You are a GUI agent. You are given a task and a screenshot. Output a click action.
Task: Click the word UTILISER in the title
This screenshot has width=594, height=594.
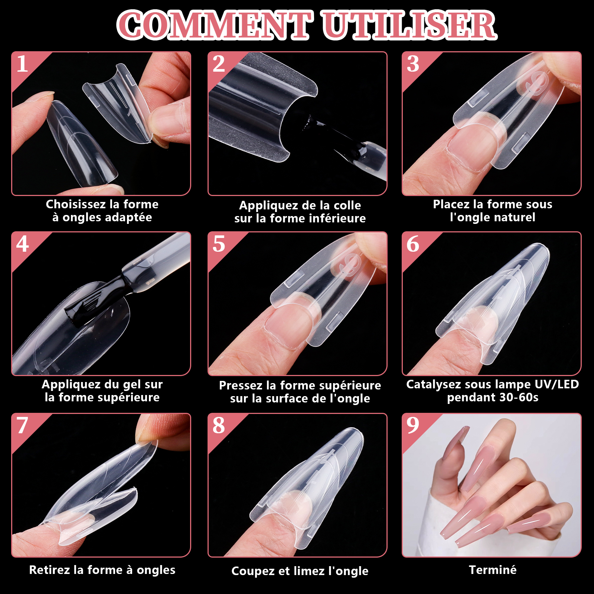pos(409,25)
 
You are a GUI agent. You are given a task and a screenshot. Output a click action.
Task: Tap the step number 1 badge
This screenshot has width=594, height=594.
pos(26,67)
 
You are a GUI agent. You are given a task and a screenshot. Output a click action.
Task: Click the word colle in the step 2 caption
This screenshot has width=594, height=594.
pos(347,205)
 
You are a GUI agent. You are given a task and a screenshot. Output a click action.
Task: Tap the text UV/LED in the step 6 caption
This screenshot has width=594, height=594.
pos(557,384)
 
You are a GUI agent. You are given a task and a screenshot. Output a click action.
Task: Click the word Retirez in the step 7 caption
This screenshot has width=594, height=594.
pos(50,570)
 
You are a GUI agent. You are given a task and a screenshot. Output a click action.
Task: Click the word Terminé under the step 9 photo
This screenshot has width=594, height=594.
pos(493,570)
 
